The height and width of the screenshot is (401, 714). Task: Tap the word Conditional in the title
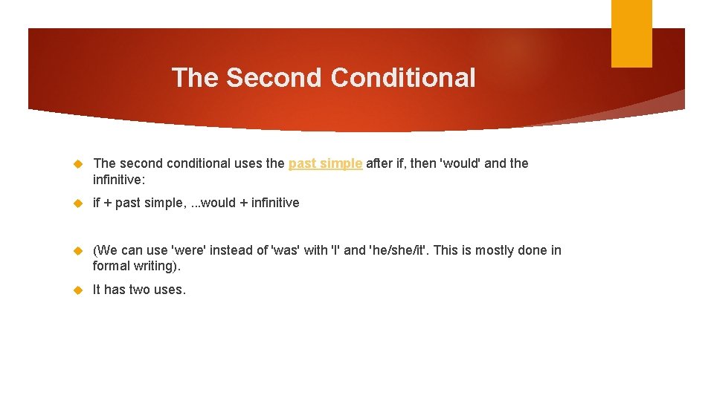[x=403, y=77]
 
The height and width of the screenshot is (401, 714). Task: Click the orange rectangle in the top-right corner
[x=631, y=33]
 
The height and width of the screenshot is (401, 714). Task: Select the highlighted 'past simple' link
[x=325, y=163]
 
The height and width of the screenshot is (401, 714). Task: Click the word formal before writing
[x=112, y=266]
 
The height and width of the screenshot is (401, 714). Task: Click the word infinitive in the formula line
[x=274, y=203]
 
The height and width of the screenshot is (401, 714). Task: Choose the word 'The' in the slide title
[x=196, y=77]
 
